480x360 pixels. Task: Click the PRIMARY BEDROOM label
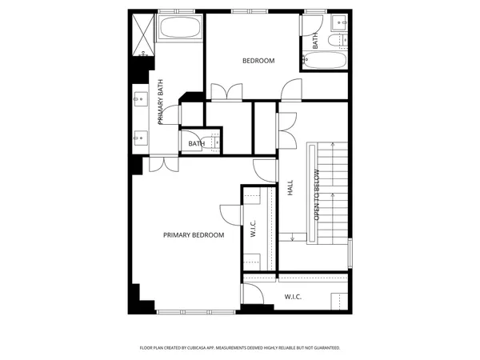click(194, 235)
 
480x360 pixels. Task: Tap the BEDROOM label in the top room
click(258, 61)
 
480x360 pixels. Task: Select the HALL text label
click(290, 187)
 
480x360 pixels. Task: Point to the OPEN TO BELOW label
click(317, 195)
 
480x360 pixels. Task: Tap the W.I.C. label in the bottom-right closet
click(293, 297)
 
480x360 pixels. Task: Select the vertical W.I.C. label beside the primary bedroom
click(253, 229)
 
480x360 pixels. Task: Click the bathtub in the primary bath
click(180, 30)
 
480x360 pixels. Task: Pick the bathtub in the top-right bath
click(324, 61)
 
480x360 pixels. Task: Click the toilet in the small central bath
click(213, 143)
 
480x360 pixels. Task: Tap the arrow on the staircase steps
click(294, 237)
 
